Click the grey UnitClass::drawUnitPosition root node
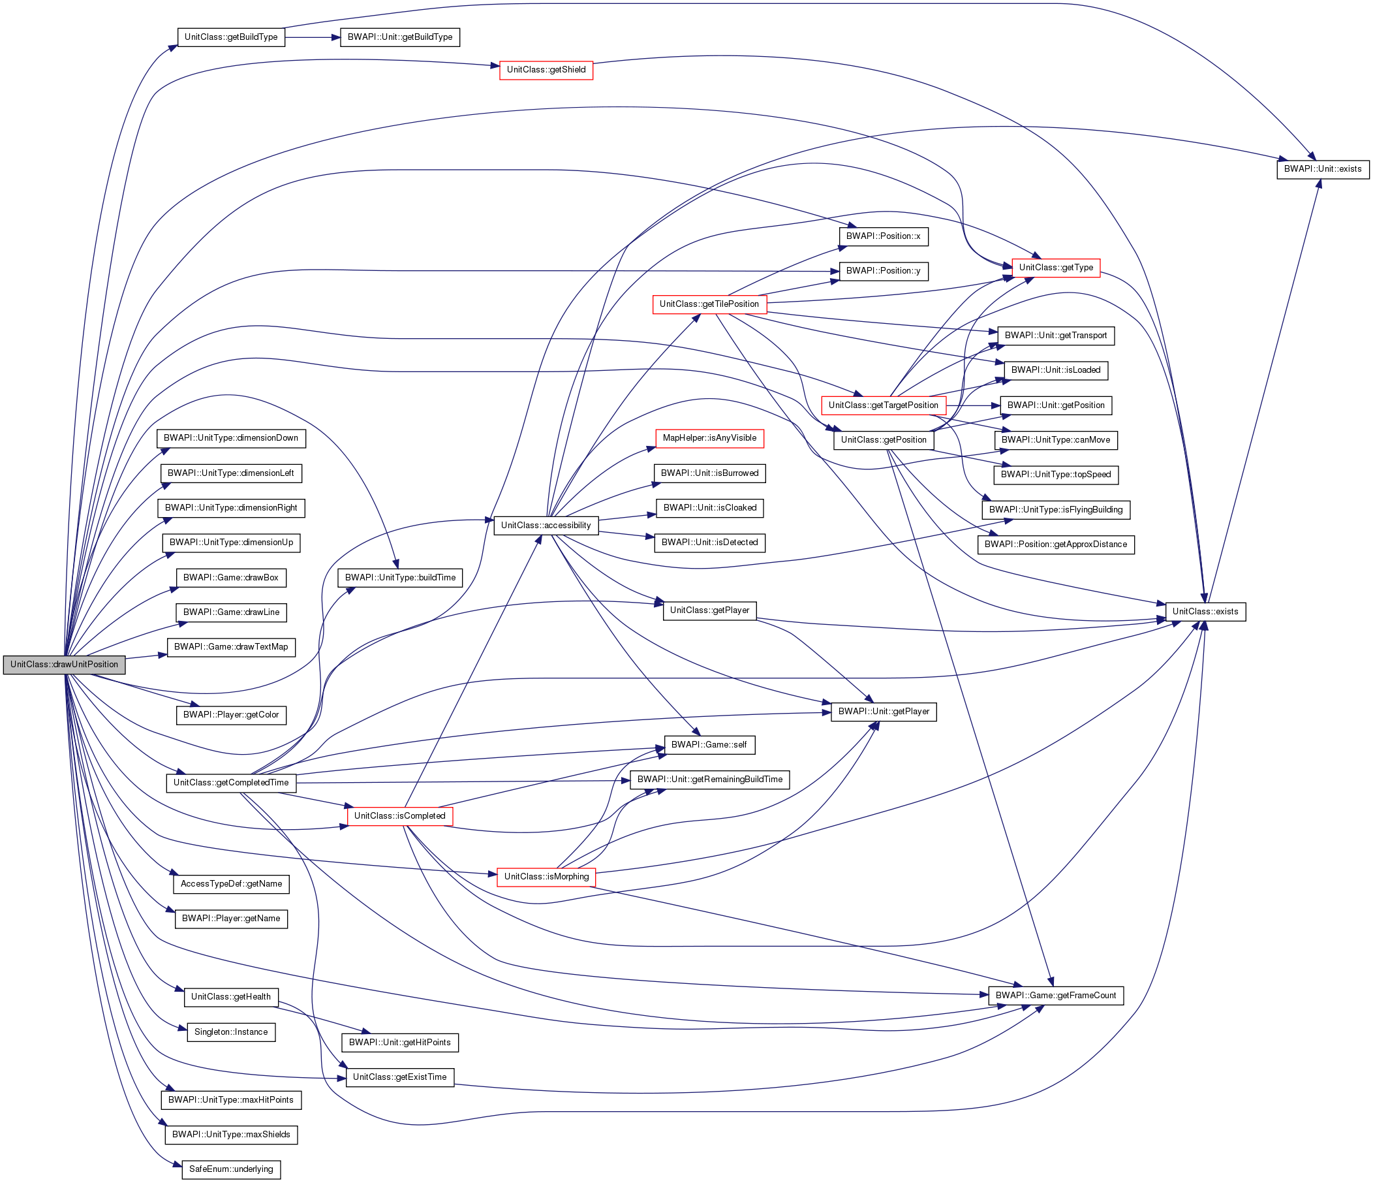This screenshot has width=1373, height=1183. (64, 665)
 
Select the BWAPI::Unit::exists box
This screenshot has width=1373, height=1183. (1322, 169)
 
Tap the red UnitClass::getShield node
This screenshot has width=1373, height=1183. (546, 70)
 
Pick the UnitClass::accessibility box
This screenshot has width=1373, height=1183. (546, 525)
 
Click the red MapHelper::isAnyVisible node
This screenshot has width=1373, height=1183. (709, 438)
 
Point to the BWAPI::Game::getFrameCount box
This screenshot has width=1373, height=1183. (1056, 996)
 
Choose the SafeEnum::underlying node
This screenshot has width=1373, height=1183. (231, 1169)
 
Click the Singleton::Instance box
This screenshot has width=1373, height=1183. (231, 1032)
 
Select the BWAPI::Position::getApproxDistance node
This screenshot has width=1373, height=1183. (1056, 544)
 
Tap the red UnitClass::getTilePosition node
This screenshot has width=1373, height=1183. (709, 304)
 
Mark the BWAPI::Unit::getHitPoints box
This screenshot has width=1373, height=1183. (399, 1043)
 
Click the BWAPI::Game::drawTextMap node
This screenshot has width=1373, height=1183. (231, 646)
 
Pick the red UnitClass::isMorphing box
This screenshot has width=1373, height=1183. (546, 877)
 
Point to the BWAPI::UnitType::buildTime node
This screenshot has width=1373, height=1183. (400, 578)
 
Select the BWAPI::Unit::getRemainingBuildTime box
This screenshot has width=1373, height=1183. (710, 779)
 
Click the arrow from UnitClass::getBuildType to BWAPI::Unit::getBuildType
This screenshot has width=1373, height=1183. (312, 37)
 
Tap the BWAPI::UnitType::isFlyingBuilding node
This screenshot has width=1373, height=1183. (1056, 510)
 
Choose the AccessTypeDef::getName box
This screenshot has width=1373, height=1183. (231, 884)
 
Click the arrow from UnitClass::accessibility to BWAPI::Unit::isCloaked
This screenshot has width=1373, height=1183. (627, 516)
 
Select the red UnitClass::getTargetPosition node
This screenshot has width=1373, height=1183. (884, 405)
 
